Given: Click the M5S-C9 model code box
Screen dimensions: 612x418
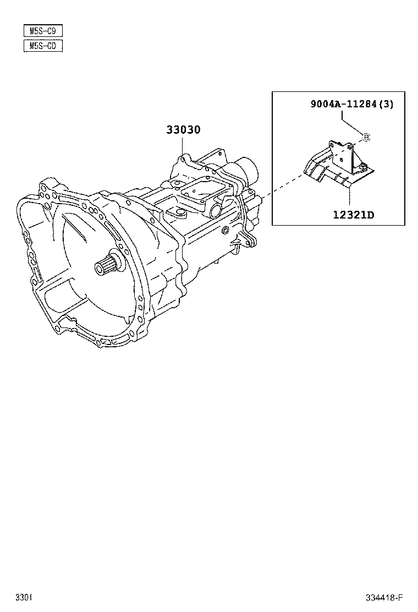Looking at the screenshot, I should pos(43,31).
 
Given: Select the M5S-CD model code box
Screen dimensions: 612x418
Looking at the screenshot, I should pos(43,46).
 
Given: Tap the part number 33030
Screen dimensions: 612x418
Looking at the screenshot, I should pos(183,130).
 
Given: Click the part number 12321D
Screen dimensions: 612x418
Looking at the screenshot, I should pos(353,214).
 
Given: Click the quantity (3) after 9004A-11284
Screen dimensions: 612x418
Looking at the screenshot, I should pos(387,104).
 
